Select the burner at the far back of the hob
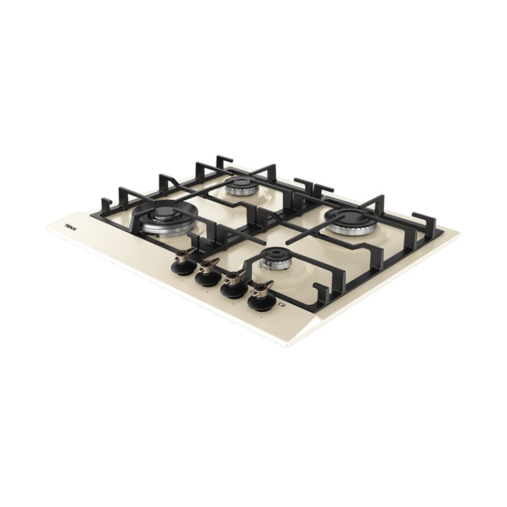(x=240, y=187)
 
